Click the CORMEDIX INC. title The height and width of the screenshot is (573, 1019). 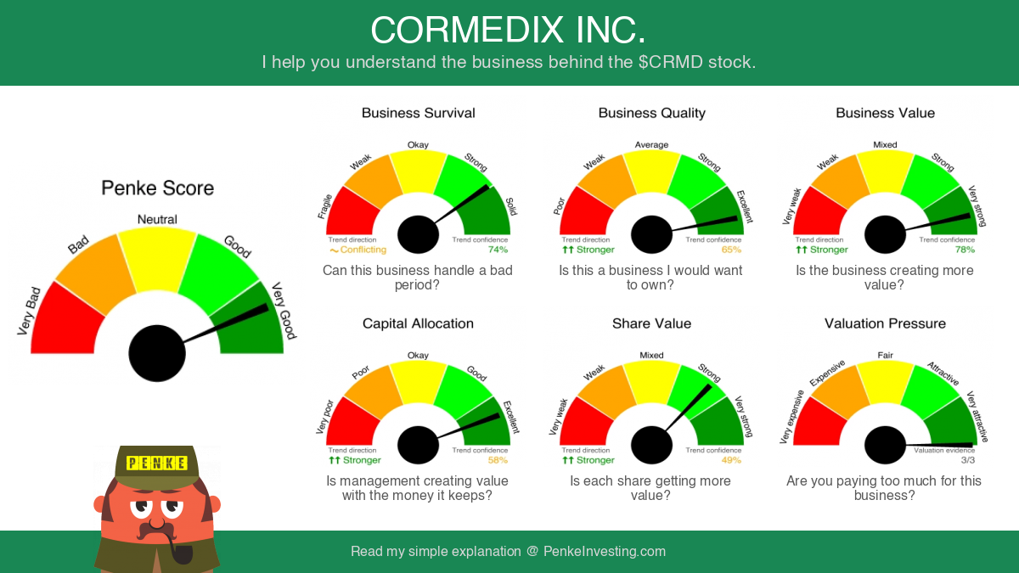[x=508, y=30]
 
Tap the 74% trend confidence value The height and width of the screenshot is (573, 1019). [x=498, y=250]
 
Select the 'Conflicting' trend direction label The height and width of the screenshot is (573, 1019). [x=363, y=250]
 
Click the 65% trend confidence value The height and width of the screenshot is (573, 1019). [x=731, y=250]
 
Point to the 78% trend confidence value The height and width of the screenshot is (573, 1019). [x=965, y=250]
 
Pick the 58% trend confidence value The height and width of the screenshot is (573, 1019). [x=498, y=460]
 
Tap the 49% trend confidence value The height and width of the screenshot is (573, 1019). [x=731, y=460]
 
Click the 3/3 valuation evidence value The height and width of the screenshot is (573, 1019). [x=967, y=460]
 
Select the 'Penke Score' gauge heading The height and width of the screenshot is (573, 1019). [x=157, y=188]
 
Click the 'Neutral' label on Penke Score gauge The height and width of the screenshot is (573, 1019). [x=157, y=220]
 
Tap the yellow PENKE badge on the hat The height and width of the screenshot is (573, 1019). [x=156, y=463]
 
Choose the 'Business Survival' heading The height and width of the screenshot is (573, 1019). [x=418, y=113]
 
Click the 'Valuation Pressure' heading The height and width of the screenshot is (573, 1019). [x=885, y=323]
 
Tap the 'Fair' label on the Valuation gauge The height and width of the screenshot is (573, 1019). [x=885, y=355]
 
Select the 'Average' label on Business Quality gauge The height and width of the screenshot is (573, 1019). [x=651, y=144]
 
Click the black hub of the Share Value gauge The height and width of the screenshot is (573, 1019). [x=651, y=445]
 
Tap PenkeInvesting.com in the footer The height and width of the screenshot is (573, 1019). [x=604, y=551]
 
